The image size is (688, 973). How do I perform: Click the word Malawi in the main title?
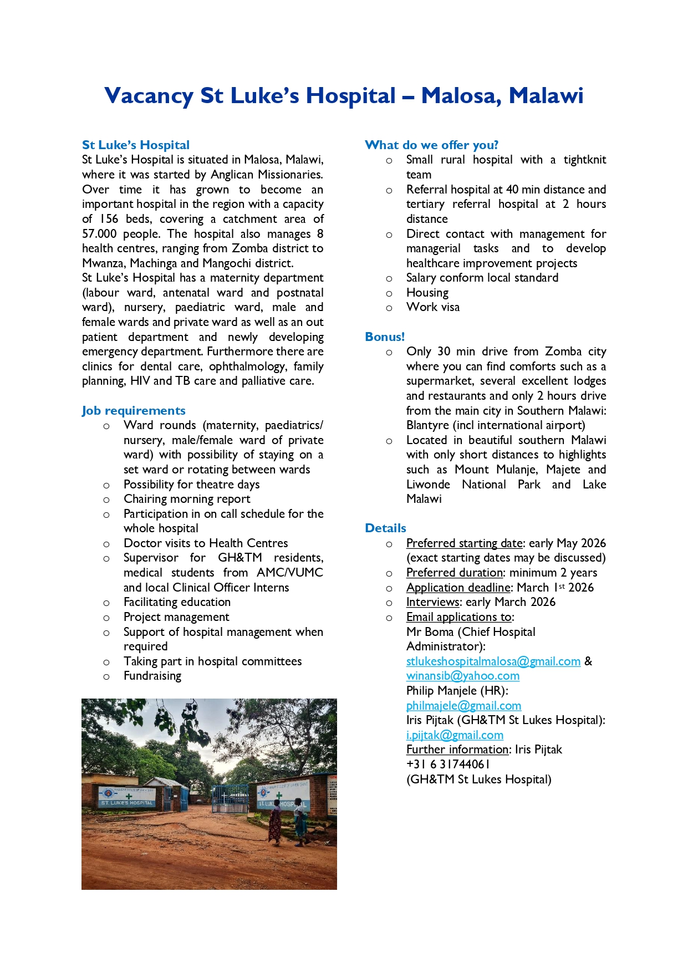pyautogui.click(x=546, y=95)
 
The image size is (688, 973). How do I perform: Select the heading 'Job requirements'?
pyautogui.click(x=134, y=410)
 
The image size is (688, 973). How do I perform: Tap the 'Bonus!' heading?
pyautogui.click(x=385, y=337)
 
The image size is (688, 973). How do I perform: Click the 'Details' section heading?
pyautogui.click(x=385, y=528)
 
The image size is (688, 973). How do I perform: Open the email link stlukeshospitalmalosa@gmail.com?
pyautogui.click(x=493, y=661)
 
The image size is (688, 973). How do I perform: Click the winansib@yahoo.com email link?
pyautogui.click(x=462, y=675)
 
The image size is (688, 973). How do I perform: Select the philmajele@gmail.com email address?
pyautogui.click(x=463, y=705)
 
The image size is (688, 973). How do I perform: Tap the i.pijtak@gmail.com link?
pyautogui.click(x=455, y=735)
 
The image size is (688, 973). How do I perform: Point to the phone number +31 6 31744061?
pyautogui.click(x=448, y=764)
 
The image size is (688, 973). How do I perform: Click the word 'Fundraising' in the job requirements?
pyautogui.click(x=152, y=675)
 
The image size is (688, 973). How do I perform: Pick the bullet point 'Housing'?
pyautogui.click(x=427, y=292)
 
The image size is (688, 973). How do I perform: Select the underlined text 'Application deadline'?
pyautogui.click(x=458, y=587)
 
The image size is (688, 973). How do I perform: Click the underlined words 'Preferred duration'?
pyautogui.click(x=454, y=572)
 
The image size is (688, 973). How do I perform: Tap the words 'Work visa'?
pyautogui.click(x=432, y=307)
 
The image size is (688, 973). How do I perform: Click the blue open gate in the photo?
pyautogui.click(x=230, y=798)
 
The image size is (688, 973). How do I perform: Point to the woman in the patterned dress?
pyautogui.click(x=275, y=823)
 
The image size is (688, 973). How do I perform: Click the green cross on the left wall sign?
pyautogui.click(x=129, y=796)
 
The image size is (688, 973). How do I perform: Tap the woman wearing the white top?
pyautogui.click(x=300, y=821)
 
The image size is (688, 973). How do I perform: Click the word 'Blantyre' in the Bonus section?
pyautogui.click(x=427, y=425)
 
